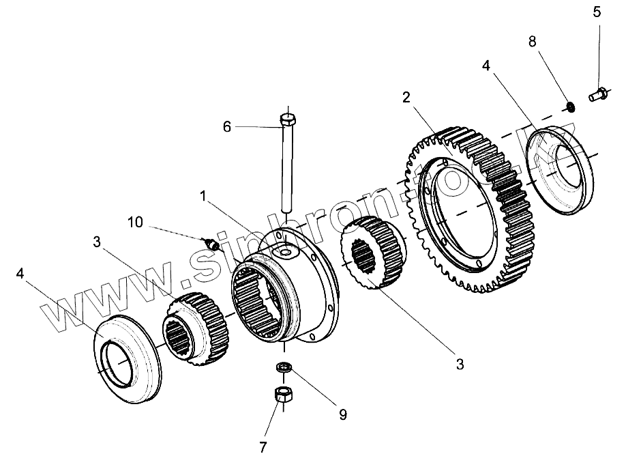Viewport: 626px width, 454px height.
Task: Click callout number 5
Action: (x=597, y=12)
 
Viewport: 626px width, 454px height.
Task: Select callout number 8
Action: (x=533, y=41)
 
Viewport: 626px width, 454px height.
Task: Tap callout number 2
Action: (x=406, y=97)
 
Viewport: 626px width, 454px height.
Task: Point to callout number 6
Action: (x=227, y=126)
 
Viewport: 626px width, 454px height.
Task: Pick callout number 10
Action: (x=135, y=222)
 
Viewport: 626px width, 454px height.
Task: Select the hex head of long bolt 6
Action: (x=287, y=122)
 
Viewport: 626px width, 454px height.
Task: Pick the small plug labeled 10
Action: (x=210, y=243)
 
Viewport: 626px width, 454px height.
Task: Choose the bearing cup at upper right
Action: (x=564, y=171)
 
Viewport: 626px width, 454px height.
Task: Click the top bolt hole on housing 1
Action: (x=286, y=253)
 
